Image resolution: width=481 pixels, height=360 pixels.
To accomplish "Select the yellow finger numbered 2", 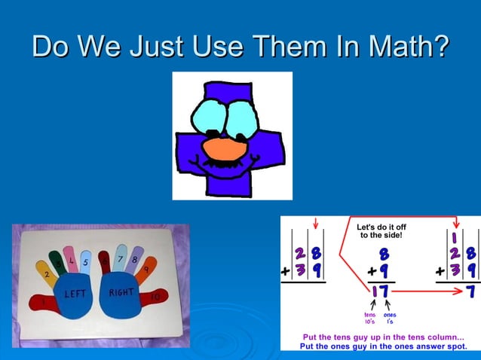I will click(x=47, y=273).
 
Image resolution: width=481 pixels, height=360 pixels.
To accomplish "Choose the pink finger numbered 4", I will click(x=71, y=258).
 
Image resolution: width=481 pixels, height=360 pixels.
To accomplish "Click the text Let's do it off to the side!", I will click(x=381, y=230).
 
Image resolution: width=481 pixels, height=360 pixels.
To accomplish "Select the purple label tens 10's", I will click(x=370, y=318).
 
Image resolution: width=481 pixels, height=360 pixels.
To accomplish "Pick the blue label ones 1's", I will click(x=391, y=318).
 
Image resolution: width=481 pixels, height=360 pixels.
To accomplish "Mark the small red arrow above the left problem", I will click(x=314, y=223).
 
